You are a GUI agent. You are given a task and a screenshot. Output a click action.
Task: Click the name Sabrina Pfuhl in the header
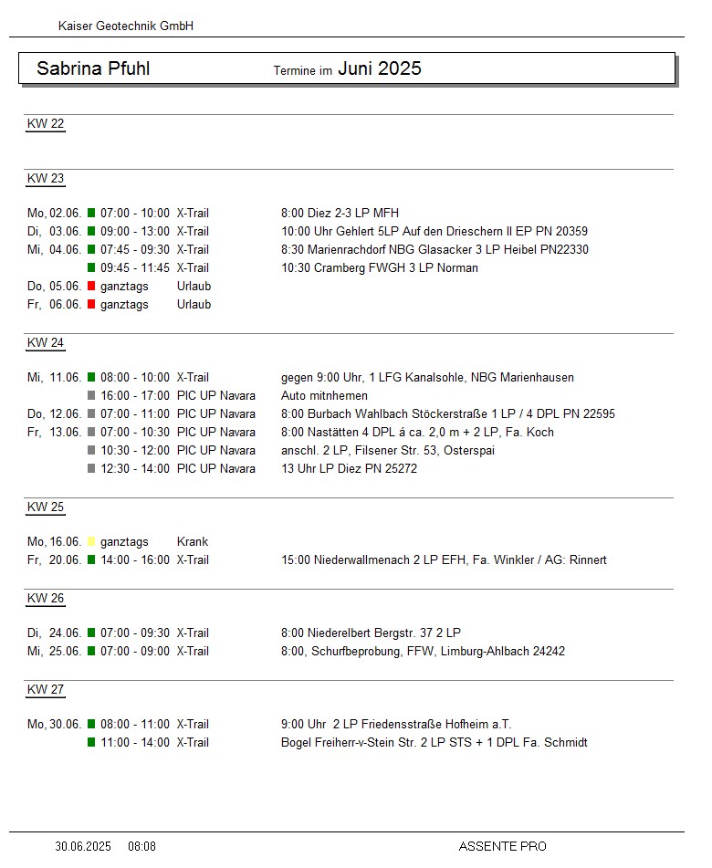pyautogui.click(x=93, y=68)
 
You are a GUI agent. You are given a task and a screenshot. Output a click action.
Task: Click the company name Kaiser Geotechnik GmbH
pyautogui.click(x=126, y=26)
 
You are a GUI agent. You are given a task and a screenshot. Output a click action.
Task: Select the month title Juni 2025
pyautogui.click(x=380, y=68)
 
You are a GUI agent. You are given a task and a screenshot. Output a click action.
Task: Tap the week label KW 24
pyautogui.click(x=46, y=343)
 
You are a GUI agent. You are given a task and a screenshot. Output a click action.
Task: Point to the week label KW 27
pyautogui.click(x=46, y=690)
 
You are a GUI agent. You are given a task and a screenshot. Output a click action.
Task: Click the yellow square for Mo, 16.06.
pyautogui.click(x=91, y=542)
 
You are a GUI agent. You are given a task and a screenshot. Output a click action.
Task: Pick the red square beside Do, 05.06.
pyautogui.click(x=91, y=287)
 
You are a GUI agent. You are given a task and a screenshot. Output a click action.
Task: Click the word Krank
pyautogui.click(x=193, y=542)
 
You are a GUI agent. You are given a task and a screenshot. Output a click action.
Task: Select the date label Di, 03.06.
pyautogui.click(x=54, y=232)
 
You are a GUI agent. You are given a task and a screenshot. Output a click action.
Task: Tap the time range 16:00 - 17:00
pyautogui.click(x=135, y=396)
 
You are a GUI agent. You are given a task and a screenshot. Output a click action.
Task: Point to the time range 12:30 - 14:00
pyautogui.click(x=135, y=469)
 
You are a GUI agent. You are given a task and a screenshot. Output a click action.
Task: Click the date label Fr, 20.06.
pyautogui.click(x=54, y=560)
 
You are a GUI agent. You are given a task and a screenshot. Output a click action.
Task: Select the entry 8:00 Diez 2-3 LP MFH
pyautogui.click(x=340, y=214)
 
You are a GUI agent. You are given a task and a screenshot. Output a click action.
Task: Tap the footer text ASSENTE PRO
pyautogui.click(x=502, y=847)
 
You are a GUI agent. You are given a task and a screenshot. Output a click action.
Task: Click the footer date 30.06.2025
pyautogui.click(x=83, y=847)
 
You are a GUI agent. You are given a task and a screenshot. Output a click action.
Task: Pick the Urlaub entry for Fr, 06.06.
pyautogui.click(x=194, y=305)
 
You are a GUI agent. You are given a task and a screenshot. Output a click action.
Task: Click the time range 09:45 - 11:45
pyautogui.click(x=135, y=268)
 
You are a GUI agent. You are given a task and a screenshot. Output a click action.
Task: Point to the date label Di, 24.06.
pyautogui.click(x=54, y=633)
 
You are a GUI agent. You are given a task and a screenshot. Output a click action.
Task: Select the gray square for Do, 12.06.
pyautogui.click(x=91, y=414)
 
